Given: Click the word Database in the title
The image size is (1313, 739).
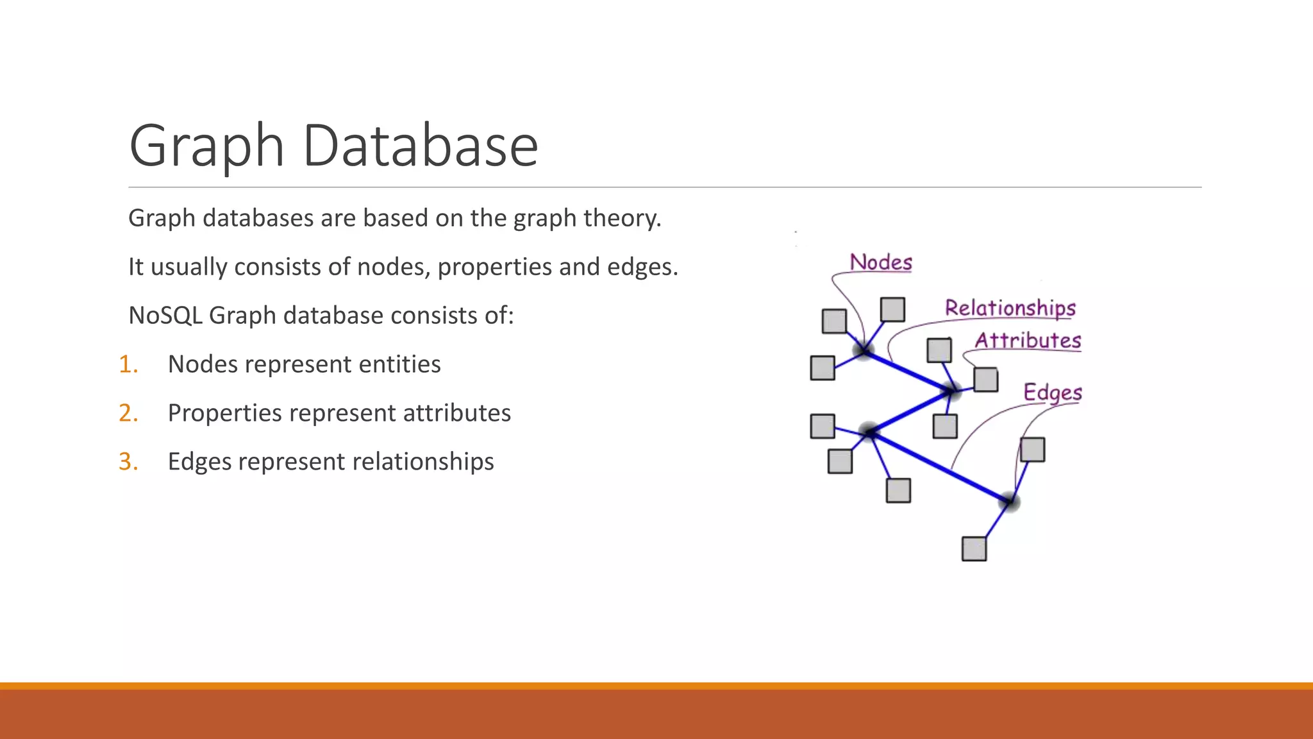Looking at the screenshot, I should point(420,146).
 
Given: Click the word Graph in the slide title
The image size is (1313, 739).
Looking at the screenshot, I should point(206,146).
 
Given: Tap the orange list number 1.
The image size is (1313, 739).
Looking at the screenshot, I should point(128,364).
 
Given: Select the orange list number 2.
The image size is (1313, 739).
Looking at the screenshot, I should point(128,413).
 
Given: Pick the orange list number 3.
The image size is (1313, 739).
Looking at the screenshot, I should point(128,462).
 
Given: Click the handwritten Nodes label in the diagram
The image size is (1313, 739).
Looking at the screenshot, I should point(881,262).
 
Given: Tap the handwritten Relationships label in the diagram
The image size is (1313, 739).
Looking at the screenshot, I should point(1010,308).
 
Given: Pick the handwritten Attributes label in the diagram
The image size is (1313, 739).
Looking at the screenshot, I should point(1028,340).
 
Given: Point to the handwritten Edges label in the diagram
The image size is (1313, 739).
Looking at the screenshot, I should point(1052,392).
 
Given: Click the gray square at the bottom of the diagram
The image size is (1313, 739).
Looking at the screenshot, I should point(974,549).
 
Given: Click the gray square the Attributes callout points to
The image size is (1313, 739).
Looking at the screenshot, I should point(985,379).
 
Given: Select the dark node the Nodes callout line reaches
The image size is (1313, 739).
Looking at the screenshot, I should point(864,351).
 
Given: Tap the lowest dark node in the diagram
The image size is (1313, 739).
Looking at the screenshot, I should point(1009,501).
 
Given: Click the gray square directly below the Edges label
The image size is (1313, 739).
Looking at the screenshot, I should point(1032,450).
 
